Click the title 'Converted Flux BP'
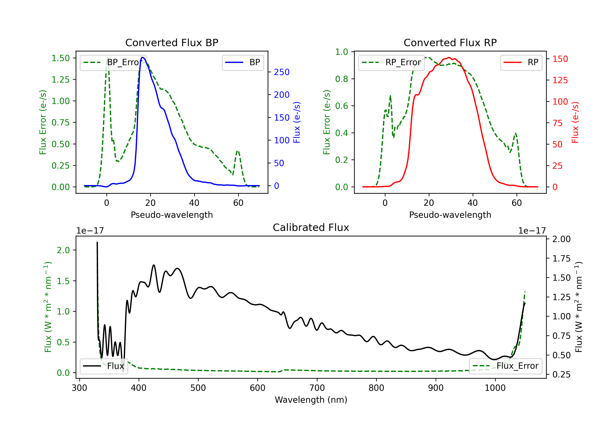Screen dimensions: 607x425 (172, 42)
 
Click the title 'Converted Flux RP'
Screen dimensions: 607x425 (450, 42)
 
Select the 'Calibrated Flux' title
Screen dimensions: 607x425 (311, 227)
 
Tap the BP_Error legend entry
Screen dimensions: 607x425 (113, 62)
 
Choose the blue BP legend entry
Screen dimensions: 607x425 (243, 62)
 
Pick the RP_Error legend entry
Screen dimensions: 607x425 (391, 62)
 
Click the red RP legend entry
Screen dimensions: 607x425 (521, 62)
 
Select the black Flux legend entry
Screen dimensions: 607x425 (104, 366)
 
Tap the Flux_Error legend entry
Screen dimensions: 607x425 (505, 366)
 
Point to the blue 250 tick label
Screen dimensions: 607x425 (282, 72)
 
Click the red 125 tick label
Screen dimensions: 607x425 (560, 80)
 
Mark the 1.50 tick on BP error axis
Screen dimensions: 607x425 (60, 58)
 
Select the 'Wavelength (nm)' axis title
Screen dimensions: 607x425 (311, 400)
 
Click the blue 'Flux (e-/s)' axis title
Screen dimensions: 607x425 (297, 122)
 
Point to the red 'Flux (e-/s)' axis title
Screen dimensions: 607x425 (575, 122)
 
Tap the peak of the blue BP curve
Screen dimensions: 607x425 (142, 57)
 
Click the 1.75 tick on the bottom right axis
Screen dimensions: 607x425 (561, 258)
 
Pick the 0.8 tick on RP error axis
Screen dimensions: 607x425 (342, 79)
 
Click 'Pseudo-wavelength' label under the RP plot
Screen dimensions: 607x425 (450, 215)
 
